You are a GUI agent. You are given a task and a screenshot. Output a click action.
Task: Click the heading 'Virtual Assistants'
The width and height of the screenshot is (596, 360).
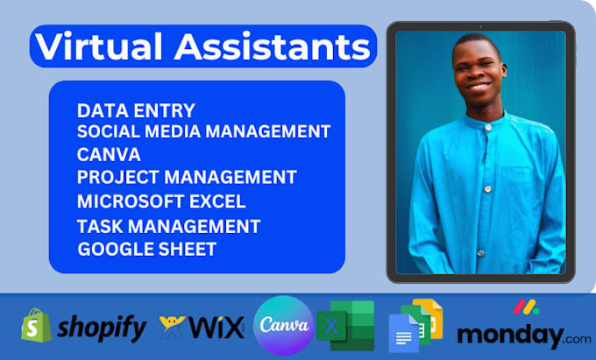(203, 46)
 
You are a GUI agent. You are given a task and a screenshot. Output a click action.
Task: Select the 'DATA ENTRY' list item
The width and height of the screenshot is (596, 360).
(136, 111)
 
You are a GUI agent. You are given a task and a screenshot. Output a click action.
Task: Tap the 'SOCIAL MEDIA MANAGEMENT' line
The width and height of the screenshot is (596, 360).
(203, 132)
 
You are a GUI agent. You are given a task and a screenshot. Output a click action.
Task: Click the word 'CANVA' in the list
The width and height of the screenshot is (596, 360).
(110, 154)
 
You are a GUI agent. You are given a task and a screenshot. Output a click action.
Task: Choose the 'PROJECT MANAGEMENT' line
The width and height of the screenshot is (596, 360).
(186, 177)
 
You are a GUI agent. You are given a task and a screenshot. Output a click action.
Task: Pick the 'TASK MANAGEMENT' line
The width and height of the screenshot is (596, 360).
(168, 226)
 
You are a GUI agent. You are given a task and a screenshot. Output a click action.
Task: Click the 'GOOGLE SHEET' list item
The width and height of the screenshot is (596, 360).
(146, 249)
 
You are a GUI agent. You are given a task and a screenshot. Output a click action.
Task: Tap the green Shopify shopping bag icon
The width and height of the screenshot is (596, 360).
(34, 326)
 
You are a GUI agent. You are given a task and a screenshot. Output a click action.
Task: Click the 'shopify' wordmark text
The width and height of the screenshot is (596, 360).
(102, 328)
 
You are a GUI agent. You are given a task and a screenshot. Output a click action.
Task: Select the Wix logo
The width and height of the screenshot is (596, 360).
(201, 328)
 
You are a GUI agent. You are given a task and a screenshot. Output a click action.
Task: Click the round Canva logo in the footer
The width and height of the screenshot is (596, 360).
(282, 326)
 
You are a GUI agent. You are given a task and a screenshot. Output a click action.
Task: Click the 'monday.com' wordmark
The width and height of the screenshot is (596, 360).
(523, 335)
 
